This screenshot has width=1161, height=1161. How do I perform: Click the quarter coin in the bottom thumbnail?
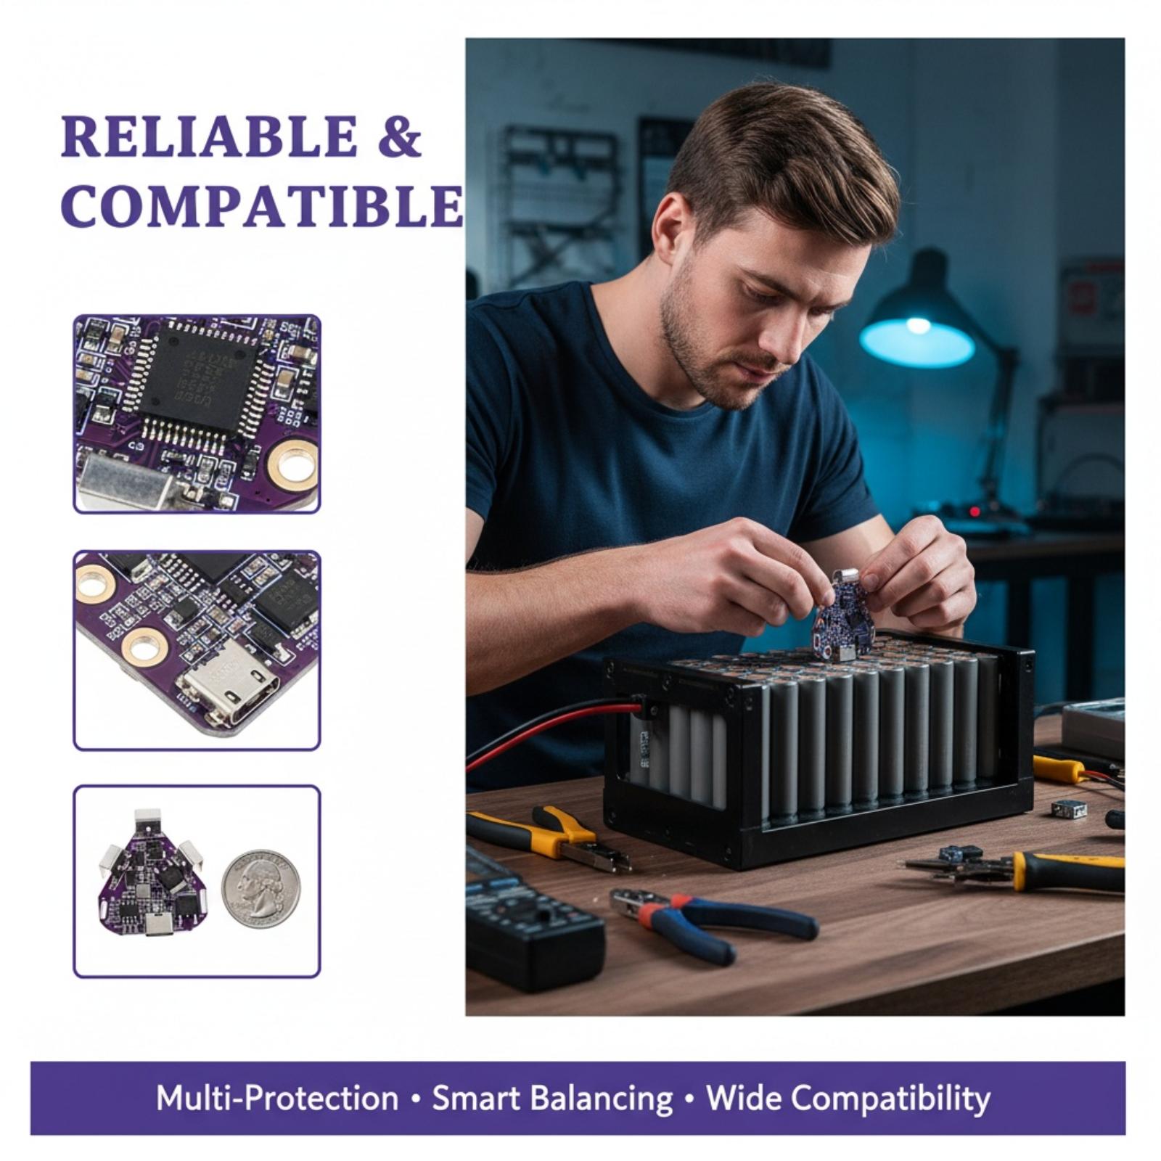click(x=260, y=888)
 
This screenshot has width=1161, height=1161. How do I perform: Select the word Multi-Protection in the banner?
click(x=277, y=1098)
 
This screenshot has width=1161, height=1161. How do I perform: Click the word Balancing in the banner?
click(x=602, y=1099)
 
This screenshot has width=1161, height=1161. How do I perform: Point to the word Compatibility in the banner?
click(x=890, y=1099)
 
